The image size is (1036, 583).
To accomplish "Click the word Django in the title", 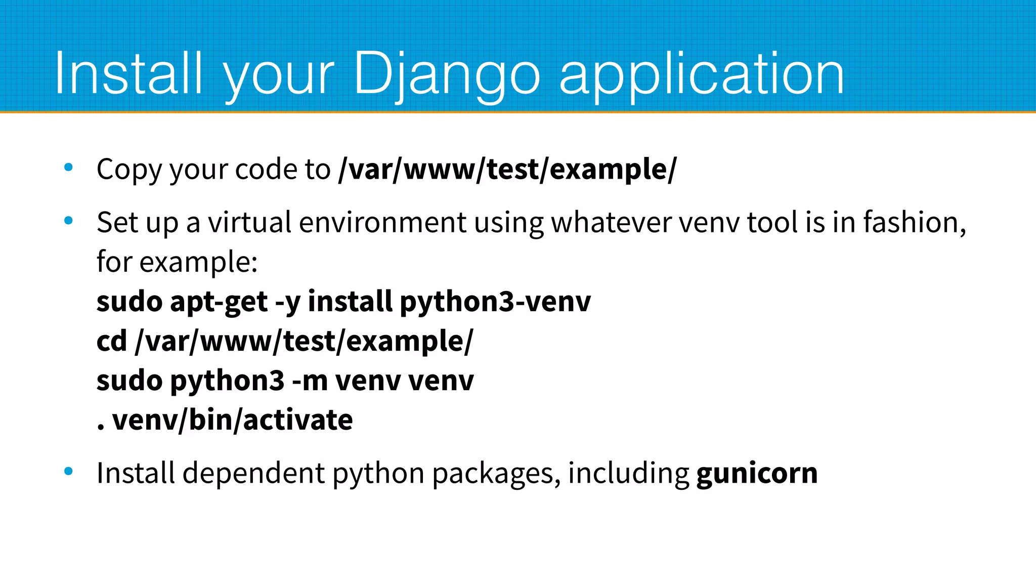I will [x=447, y=74].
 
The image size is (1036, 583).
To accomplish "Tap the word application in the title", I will [x=702, y=75].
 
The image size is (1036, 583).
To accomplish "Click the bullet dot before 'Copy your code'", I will [x=69, y=168].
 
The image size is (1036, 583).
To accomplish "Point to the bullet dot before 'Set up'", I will [x=69, y=221].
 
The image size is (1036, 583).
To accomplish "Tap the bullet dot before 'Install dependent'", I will [x=69, y=472].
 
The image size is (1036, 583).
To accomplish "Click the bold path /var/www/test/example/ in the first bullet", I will [x=507, y=169].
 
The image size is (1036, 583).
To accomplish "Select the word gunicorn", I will [x=757, y=473].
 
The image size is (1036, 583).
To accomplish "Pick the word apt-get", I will [x=219, y=302].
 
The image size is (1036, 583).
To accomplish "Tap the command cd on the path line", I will [x=111, y=341].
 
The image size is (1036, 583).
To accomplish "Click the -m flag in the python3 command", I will [x=310, y=381].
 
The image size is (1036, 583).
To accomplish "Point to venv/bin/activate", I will [x=232, y=420].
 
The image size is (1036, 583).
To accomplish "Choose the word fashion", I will [x=914, y=222].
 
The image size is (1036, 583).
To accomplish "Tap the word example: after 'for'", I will [x=198, y=262].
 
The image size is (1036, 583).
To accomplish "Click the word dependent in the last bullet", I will [x=253, y=473].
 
